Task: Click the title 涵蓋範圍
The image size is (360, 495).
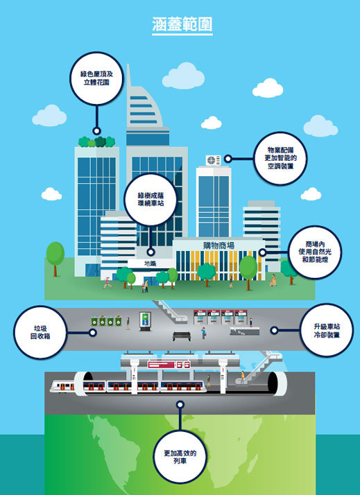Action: tap(182, 25)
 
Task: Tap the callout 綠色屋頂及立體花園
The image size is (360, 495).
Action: tap(96, 78)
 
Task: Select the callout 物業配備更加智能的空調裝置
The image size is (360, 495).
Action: tap(280, 158)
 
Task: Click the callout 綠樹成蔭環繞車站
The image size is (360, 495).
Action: tap(151, 199)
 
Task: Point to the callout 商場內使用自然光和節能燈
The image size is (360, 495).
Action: tap(315, 252)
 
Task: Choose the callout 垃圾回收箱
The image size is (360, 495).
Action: tap(40, 332)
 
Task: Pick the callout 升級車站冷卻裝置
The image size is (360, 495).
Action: tap(327, 331)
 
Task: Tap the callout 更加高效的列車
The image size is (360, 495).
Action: tap(180, 457)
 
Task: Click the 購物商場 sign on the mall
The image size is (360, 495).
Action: tap(218, 245)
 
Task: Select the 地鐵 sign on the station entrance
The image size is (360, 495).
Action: tap(150, 263)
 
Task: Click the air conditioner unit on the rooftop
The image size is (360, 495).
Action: tap(214, 160)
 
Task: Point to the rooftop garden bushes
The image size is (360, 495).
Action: tap(96, 141)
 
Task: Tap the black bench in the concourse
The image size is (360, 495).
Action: tap(182, 336)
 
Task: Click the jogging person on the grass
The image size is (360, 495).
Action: tap(108, 283)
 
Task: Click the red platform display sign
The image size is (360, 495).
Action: tap(169, 365)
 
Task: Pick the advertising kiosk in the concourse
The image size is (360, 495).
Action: tap(145, 322)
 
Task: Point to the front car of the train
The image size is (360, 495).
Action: tap(62, 385)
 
